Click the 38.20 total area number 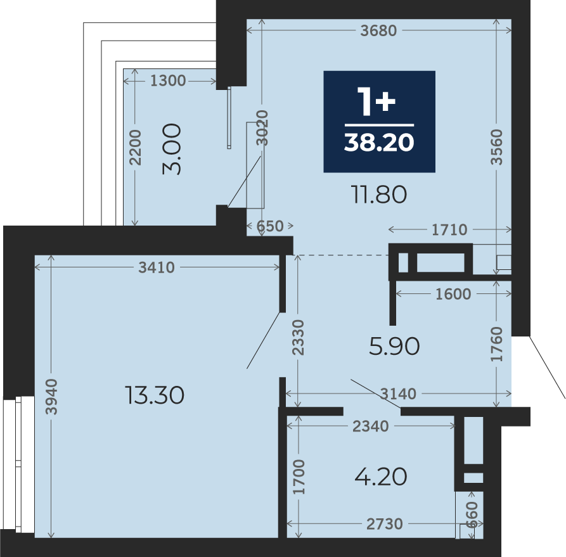(x=379, y=142)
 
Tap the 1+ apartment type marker (x=376, y=101)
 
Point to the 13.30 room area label (x=155, y=395)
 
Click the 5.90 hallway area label (x=394, y=346)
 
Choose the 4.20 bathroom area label (x=381, y=477)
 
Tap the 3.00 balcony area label (x=172, y=149)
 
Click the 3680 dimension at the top (x=378, y=30)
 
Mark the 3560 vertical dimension (x=497, y=147)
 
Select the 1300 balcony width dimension (x=168, y=80)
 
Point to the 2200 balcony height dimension (x=136, y=147)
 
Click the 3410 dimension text (x=157, y=267)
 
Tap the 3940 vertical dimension (x=52, y=397)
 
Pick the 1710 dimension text (x=449, y=229)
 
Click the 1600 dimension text (x=453, y=294)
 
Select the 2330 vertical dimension (x=299, y=338)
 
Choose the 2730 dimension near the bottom (x=385, y=524)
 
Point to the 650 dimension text (x=269, y=226)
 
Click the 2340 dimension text (x=370, y=426)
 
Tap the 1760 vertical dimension (x=497, y=344)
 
